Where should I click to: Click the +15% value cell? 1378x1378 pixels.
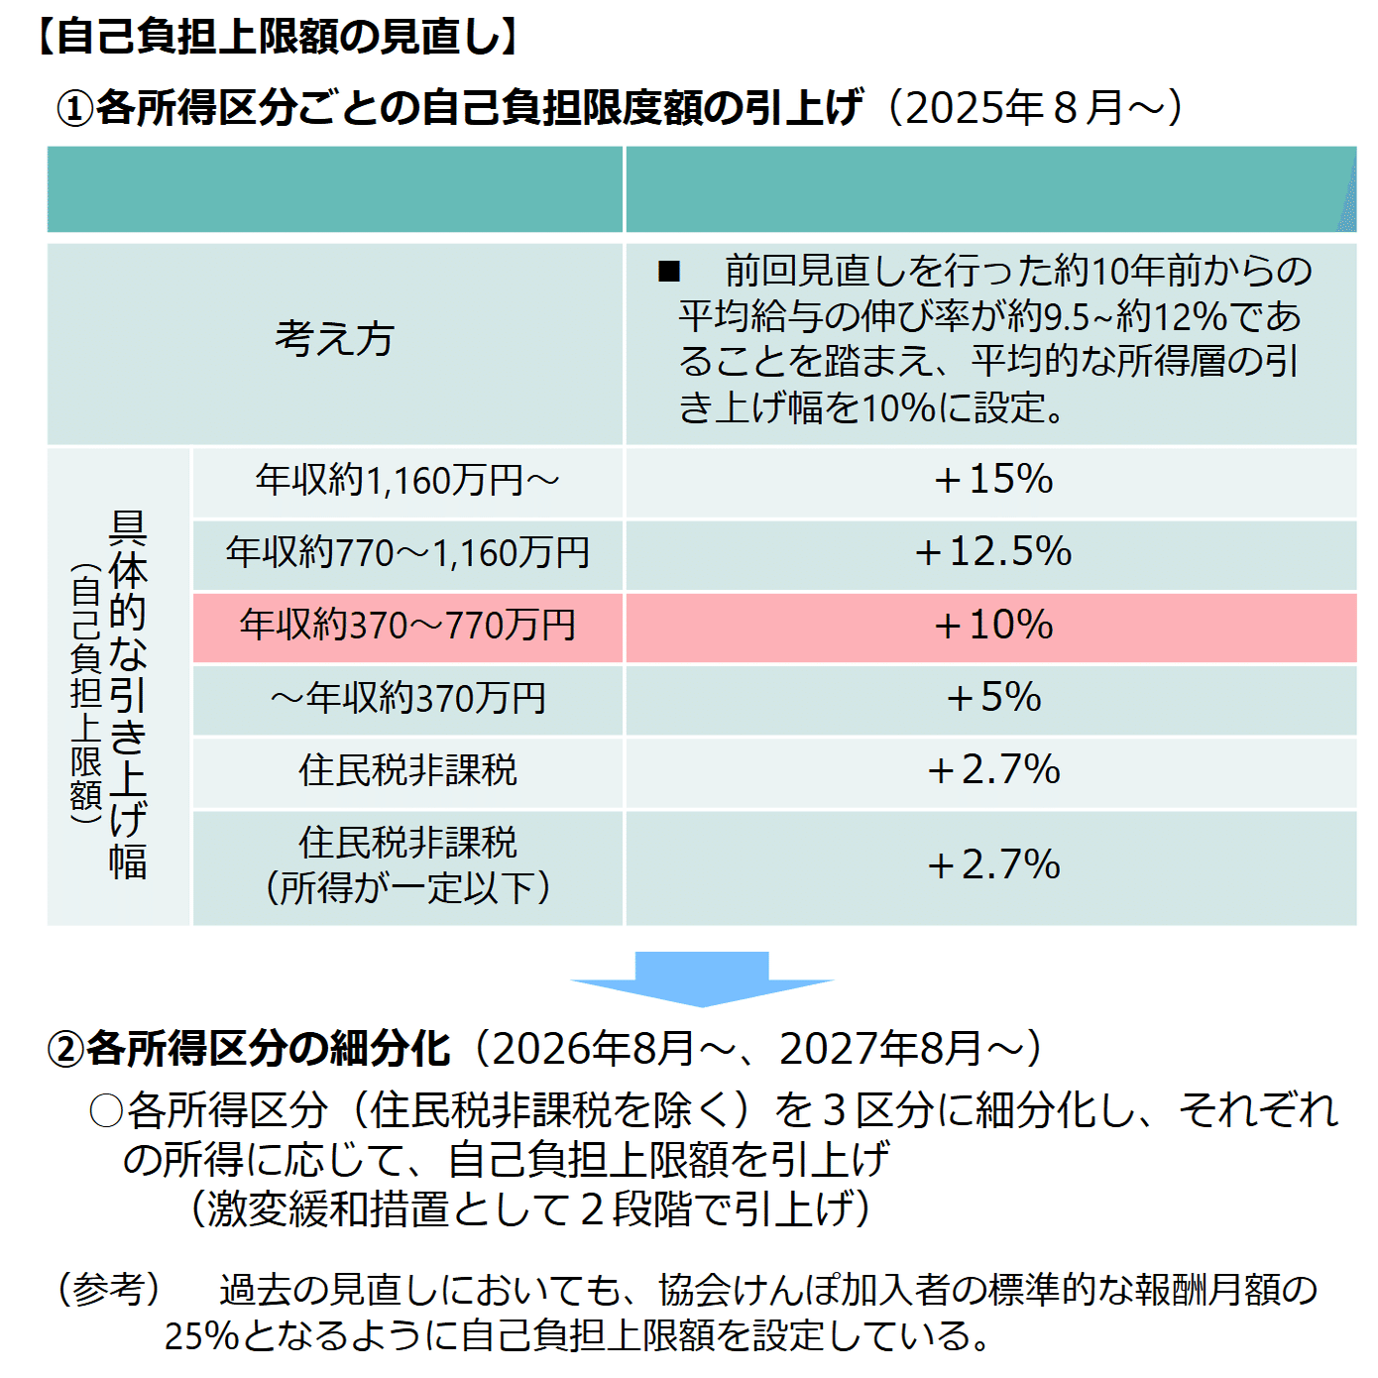[x=992, y=480]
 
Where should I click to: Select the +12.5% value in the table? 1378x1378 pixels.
[x=992, y=552]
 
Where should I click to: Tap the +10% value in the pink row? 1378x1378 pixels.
[x=992, y=626]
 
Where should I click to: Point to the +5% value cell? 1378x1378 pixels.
[x=992, y=698]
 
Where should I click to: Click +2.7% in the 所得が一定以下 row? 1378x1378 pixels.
[x=992, y=865]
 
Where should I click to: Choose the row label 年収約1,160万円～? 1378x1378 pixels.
[x=407, y=481]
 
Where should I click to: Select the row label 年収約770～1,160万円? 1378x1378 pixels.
[x=407, y=553]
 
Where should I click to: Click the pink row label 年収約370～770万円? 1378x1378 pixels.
[x=407, y=626]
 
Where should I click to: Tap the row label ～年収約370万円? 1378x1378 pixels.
[x=407, y=699]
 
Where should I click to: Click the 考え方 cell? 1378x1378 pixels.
[x=334, y=339]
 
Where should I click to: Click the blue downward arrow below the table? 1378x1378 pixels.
[x=702, y=977]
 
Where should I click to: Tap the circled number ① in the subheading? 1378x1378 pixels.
[x=74, y=108]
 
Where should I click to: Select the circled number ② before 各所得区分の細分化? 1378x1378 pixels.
[x=65, y=1049]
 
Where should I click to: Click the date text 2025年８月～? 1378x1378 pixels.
[x=1032, y=107]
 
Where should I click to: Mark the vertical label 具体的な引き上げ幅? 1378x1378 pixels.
[x=127, y=694]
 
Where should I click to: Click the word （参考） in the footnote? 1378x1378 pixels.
[x=108, y=1290]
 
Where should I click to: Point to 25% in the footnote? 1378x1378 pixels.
[x=201, y=1336]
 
